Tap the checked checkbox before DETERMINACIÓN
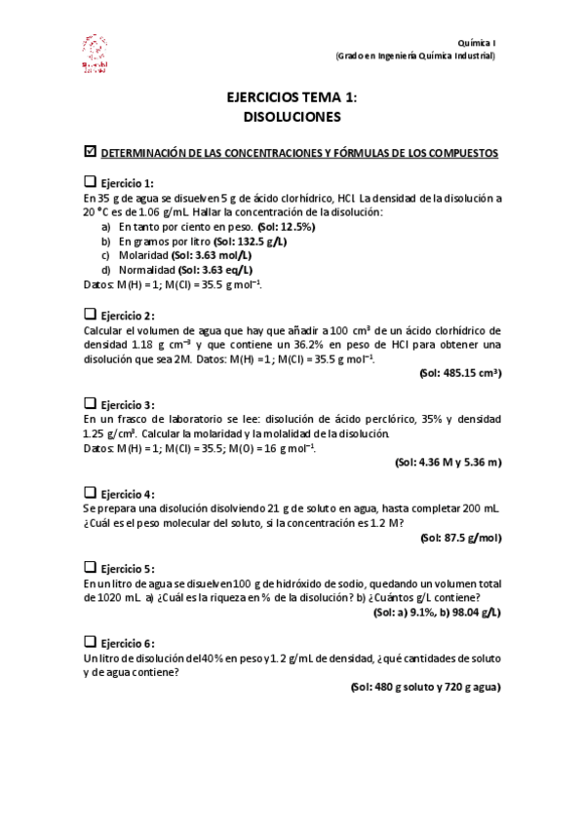click(92, 152)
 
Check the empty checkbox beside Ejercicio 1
click(91, 182)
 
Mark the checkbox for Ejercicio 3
click(91, 403)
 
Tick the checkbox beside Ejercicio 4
click(91, 493)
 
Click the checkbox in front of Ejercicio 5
click(91, 567)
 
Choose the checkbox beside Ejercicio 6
click(91, 642)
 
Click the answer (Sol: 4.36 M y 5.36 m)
click(448, 463)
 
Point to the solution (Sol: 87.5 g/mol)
click(460, 538)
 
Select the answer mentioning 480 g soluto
click(425, 687)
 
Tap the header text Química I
click(477, 43)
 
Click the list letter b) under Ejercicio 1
click(105, 241)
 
